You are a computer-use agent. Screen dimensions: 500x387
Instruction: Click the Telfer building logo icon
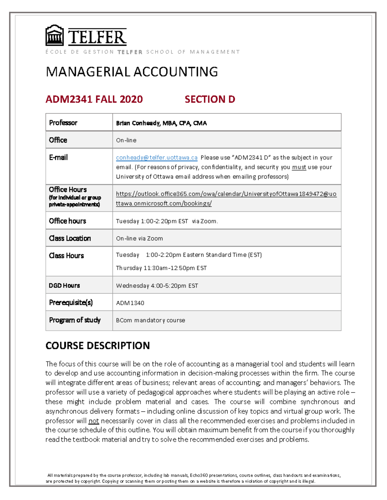[54, 36]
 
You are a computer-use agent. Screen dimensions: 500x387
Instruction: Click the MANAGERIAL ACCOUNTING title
[132, 72]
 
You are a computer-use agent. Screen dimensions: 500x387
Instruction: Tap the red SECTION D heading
[210, 99]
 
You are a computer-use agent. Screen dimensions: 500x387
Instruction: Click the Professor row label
[63, 123]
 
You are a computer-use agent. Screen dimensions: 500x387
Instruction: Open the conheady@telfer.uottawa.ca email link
[157, 157]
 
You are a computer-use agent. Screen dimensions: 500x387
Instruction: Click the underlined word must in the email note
[299, 167]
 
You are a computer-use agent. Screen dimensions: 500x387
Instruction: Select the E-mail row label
[58, 157]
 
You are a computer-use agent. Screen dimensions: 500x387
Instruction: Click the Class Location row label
[70, 238]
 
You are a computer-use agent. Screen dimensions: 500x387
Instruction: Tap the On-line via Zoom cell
[139, 239]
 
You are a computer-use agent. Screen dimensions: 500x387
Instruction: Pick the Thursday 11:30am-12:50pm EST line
[161, 268]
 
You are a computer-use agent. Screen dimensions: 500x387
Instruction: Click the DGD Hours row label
[64, 286]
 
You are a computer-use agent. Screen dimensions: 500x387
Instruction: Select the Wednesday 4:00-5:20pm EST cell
[157, 286]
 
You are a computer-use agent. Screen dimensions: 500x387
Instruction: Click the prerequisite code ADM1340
[130, 303]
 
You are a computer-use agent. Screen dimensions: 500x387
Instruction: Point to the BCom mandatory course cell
[151, 320]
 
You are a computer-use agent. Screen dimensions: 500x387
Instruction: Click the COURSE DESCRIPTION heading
[98, 345]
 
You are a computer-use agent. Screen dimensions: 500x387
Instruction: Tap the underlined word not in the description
[94, 421]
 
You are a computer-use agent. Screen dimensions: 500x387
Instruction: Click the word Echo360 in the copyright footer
[199, 475]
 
